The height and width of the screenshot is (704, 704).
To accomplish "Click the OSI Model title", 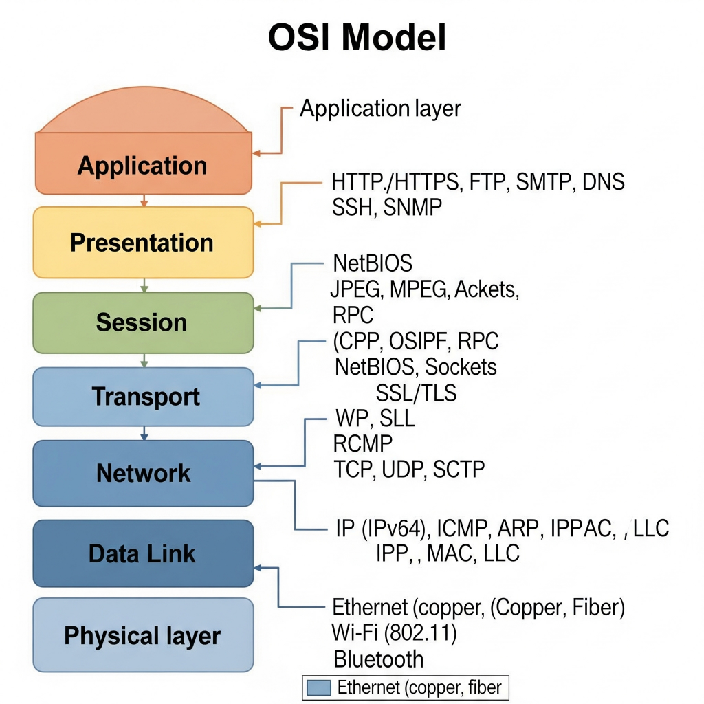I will (x=357, y=38).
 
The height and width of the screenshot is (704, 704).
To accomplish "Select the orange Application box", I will (x=142, y=165).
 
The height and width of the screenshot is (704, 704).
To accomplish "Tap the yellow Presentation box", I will (x=142, y=243).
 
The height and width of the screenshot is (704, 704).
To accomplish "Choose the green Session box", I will (x=142, y=322).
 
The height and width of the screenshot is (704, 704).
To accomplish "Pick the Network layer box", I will (x=143, y=473).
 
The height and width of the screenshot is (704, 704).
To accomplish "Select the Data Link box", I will (x=142, y=553).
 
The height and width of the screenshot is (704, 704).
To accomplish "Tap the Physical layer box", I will (x=142, y=635).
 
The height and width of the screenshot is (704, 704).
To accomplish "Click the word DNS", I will (x=603, y=182).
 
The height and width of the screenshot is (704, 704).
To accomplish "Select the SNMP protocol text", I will (x=410, y=207).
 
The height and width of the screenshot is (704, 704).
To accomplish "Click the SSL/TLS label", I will (x=417, y=393).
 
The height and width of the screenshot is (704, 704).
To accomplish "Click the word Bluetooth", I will (x=379, y=659).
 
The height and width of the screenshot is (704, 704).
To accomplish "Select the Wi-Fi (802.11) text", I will (x=395, y=632).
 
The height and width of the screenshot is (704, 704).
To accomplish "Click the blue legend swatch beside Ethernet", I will (x=320, y=687).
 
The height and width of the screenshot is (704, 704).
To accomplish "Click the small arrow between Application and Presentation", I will (x=143, y=201).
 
